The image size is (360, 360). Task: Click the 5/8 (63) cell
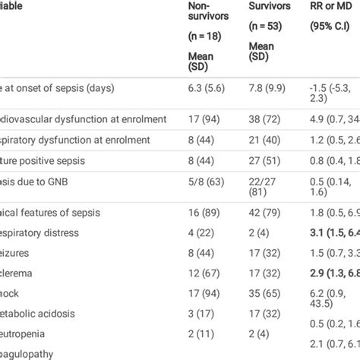click(x=207, y=182)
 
